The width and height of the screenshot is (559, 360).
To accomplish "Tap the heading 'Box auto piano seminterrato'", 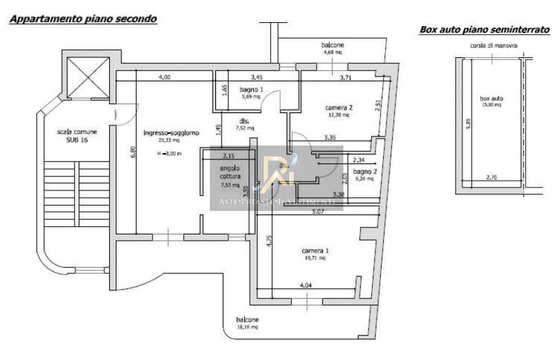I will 484,30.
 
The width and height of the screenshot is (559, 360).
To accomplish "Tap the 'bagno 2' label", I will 364,171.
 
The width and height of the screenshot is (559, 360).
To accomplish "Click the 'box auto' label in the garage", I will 492,99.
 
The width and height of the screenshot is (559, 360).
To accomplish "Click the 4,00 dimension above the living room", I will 164,77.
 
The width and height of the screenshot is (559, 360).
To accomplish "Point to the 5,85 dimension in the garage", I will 467,122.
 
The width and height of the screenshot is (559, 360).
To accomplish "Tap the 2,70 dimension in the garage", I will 491,178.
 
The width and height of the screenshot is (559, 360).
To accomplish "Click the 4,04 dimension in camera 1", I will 306,284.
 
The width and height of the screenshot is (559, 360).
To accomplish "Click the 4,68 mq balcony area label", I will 333,52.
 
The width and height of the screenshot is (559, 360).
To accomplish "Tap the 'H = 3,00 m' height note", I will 169,153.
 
